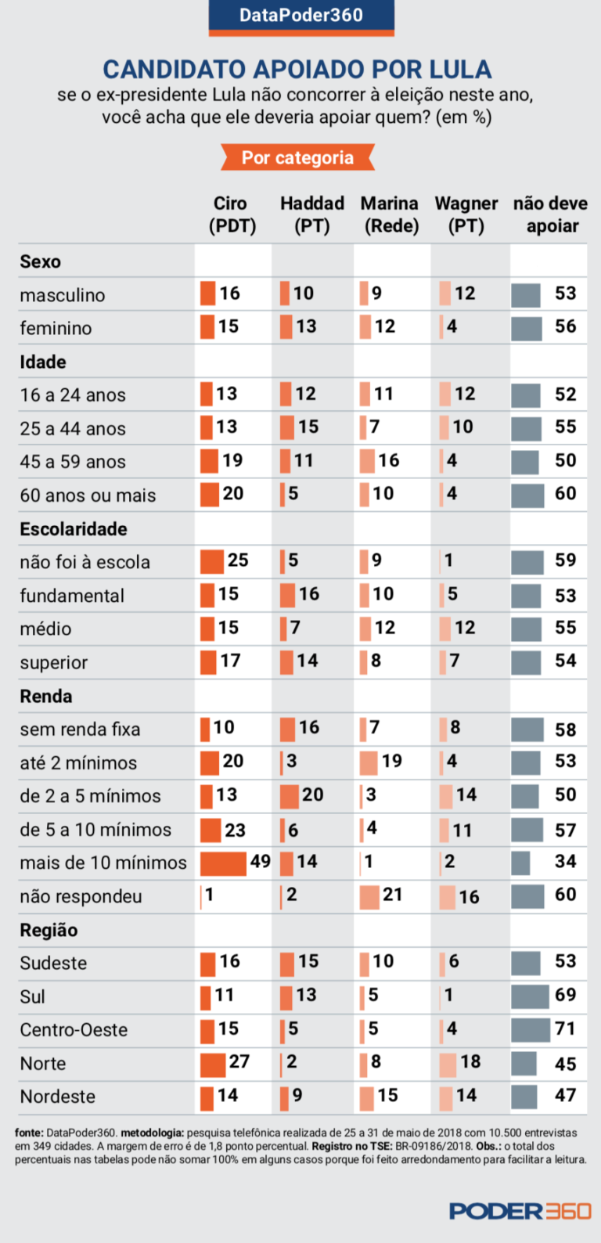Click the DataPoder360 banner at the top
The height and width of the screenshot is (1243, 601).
pyautogui.click(x=300, y=16)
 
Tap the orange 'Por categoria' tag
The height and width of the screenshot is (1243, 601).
pyautogui.click(x=297, y=157)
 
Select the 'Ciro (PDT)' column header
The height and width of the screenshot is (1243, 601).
pyautogui.click(x=231, y=214)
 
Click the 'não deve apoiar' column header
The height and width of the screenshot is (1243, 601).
pyautogui.click(x=550, y=214)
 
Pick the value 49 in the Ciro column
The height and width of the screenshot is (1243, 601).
pyautogui.click(x=260, y=862)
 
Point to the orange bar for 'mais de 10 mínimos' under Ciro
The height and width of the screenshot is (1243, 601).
pyautogui.click(x=223, y=863)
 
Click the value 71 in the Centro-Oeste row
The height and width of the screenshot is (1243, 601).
pyautogui.click(x=565, y=1029)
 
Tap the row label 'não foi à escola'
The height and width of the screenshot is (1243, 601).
pyautogui.click(x=85, y=562)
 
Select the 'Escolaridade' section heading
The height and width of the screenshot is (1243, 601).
pyautogui.click(x=74, y=529)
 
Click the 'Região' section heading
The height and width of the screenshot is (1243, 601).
pyautogui.click(x=49, y=930)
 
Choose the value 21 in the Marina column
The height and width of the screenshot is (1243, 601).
pyautogui.click(x=392, y=895)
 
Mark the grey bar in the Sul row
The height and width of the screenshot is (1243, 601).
pyautogui.click(x=530, y=996)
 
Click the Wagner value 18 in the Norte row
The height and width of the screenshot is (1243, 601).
pyautogui.click(x=470, y=1061)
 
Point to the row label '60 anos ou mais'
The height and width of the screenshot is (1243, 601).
pyautogui.click(x=88, y=495)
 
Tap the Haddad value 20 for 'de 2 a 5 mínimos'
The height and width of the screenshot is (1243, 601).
pyautogui.click(x=312, y=794)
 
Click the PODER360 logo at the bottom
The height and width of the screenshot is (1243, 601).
pyautogui.click(x=520, y=1211)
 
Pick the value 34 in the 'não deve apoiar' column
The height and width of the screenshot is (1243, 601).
pyautogui.click(x=565, y=862)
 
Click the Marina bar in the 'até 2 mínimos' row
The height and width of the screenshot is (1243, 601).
pyautogui.click(x=368, y=762)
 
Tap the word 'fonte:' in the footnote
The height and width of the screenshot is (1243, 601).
pyautogui.click(x=29, y=1133)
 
